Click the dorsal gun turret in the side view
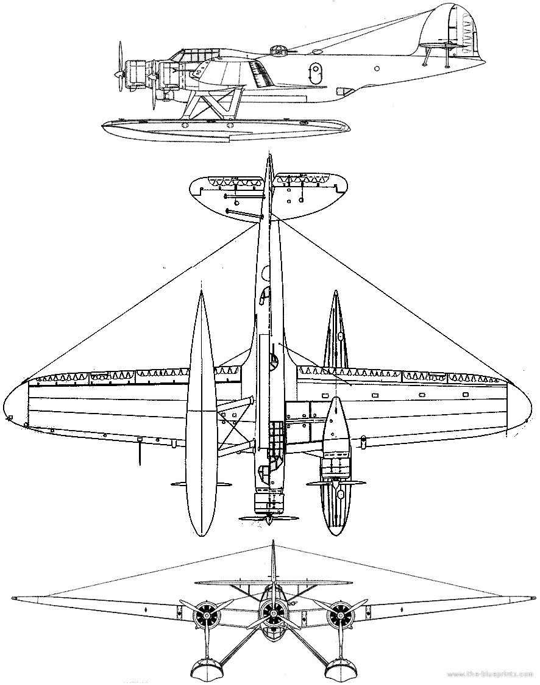point(277,50)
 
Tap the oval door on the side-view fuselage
point(314,71)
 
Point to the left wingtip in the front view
point(15,598)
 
